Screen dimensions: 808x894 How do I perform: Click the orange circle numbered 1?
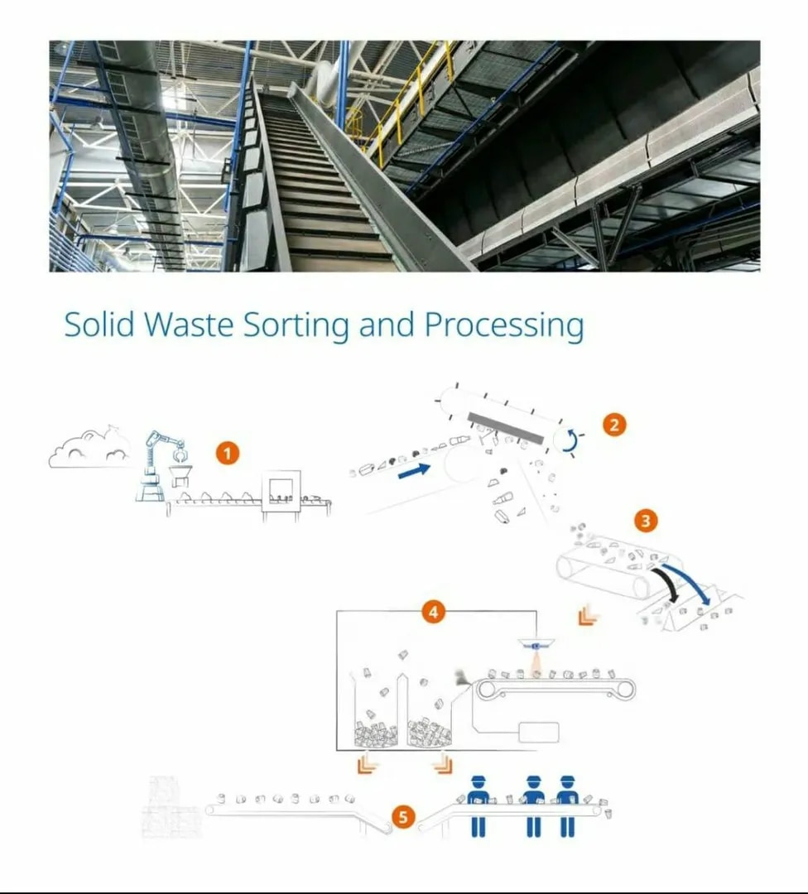coord(228,454)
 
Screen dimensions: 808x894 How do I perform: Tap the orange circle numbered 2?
coord(614,425)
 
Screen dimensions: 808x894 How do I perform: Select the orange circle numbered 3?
coord(646,521)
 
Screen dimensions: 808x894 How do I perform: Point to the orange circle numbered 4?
coord(433,612)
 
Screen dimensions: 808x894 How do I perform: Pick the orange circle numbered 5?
coord(403,817)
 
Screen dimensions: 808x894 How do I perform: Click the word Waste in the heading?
coord(189,324)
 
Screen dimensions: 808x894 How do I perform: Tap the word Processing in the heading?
coord(504,326)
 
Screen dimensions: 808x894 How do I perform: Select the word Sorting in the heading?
coord(296,326)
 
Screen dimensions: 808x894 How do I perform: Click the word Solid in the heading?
coord(99,324)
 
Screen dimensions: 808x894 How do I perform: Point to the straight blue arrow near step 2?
coord(415,471)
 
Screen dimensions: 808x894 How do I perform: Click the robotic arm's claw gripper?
coord(181,455)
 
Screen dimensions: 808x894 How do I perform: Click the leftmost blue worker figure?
coord(478,805)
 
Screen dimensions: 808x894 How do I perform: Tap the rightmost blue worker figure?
coord(567,805)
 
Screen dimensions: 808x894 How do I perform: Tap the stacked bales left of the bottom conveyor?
coord(172,807)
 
